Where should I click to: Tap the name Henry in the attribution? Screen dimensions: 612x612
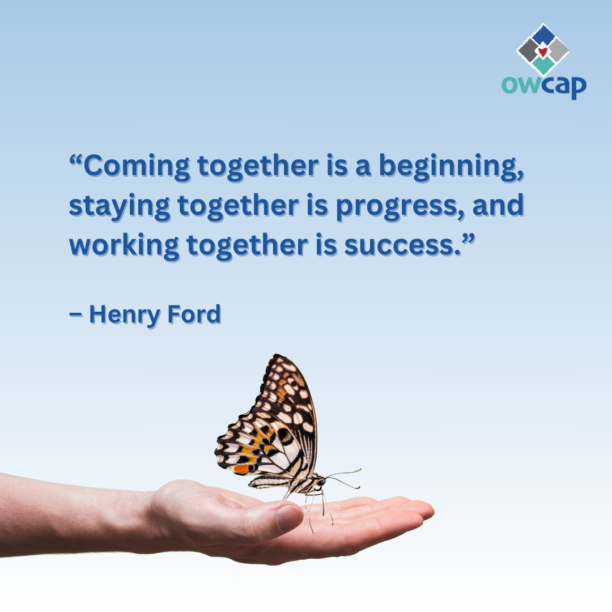coord(125,314)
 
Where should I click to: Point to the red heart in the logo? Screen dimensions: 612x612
coord(543,52)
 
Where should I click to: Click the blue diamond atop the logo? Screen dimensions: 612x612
coord(543,35)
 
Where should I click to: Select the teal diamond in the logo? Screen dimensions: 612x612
coord(543,66)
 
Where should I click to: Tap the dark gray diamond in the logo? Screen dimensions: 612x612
coord(528,51)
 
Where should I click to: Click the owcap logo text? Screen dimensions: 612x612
coord(543,86)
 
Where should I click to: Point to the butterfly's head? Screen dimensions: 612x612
coord(320,482)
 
